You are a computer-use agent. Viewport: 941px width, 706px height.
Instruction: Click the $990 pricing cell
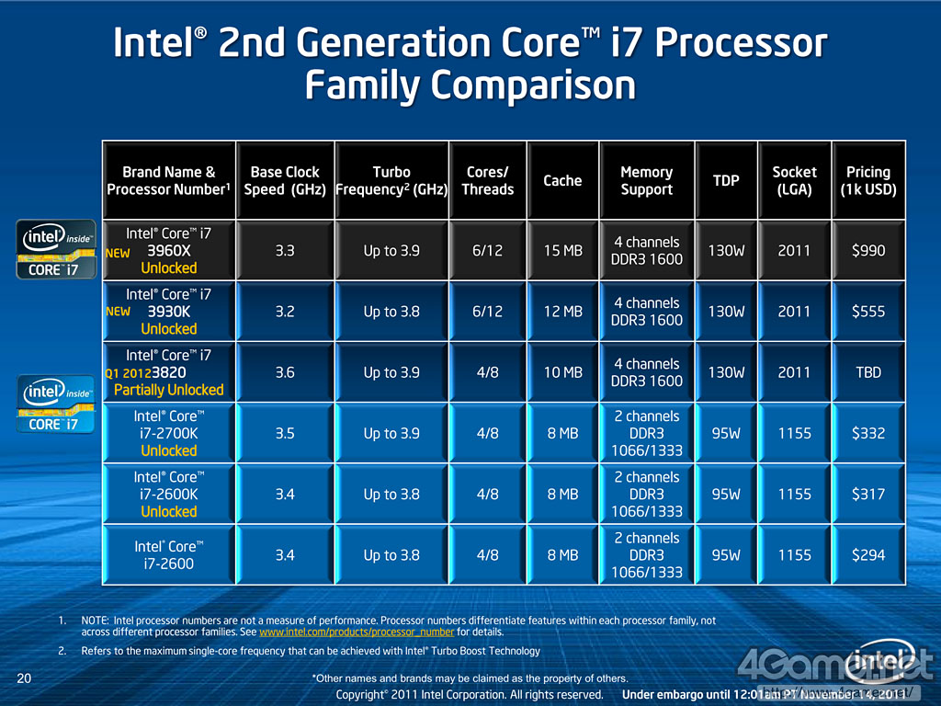coord(867,250)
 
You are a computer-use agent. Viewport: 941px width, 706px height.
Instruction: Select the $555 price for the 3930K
coord(867,312)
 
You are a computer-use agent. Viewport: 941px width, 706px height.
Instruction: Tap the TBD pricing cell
coord(867,372)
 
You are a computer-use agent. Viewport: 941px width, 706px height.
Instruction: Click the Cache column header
coord(562,180)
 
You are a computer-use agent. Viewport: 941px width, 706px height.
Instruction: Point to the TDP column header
coord(726,180)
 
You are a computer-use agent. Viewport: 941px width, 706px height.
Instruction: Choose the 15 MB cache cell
coord(562,250)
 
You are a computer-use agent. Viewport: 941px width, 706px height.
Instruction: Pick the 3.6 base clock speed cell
coord(285,372)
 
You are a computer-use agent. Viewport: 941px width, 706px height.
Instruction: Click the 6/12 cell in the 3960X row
coord(487,250)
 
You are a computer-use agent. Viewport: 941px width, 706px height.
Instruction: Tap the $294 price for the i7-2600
coord(867,555)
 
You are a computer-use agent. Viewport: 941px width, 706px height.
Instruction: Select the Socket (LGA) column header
coord(794,180)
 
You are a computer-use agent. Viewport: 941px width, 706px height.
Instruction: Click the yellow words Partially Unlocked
coord(169,390)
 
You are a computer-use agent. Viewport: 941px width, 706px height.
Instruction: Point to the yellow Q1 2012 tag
coord(128,373)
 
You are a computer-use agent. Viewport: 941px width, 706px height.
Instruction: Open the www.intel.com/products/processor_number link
coord(357,632)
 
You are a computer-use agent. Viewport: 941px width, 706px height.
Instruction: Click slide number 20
coord(25,679)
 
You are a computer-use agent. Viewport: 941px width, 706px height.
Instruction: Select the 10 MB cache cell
coord(562,372)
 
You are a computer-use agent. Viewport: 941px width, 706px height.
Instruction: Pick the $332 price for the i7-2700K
coord(867,433)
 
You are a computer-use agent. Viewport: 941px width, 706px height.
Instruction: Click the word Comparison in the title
coord(470,85)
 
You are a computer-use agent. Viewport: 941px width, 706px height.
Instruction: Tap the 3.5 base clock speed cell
coord(285,433)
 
